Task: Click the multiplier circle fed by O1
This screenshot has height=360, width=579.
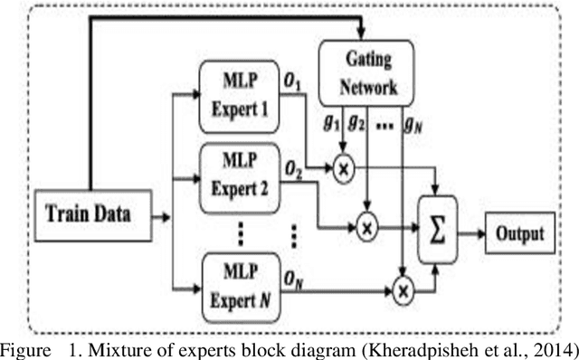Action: click(344, 168)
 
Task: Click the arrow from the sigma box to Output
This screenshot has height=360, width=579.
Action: click(470, 233)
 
